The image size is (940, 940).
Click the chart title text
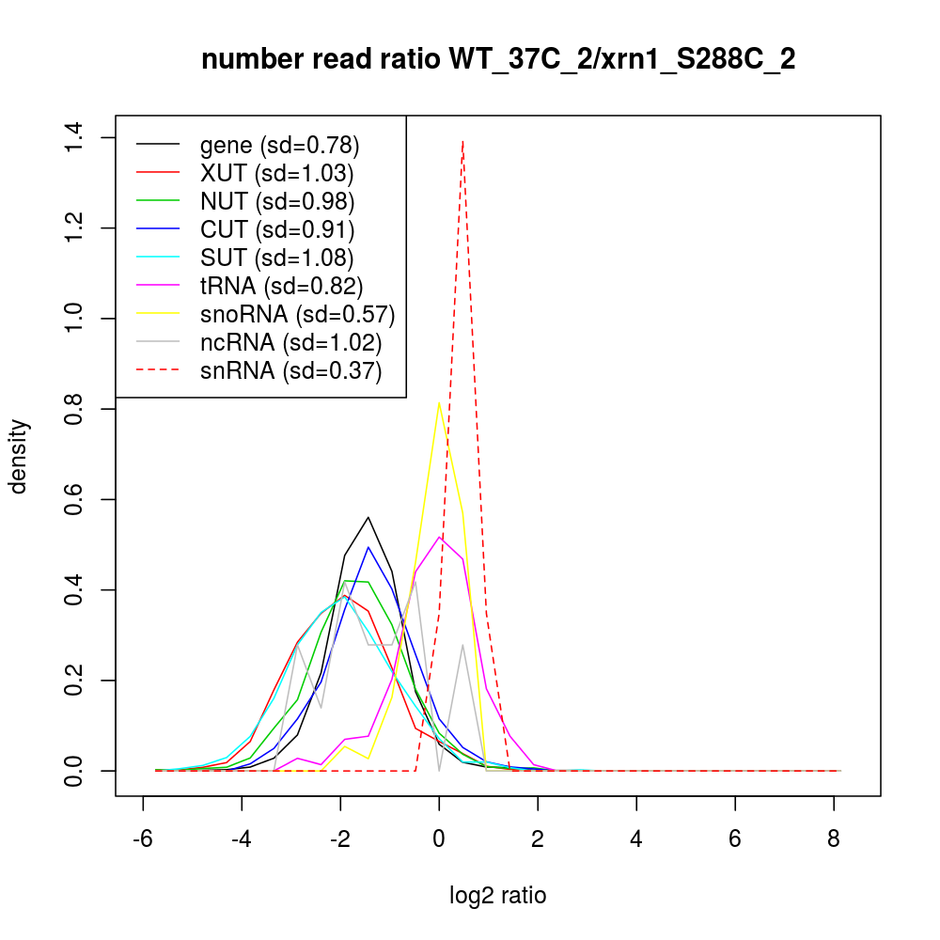pos(498,59)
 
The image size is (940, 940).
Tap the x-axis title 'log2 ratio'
pos(498,895)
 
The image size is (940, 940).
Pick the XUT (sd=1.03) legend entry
pos(276,173)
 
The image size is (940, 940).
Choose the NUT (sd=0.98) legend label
pos(276,201)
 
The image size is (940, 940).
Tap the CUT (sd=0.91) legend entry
pos(276,229)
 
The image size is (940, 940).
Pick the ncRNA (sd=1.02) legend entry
pos(290,342)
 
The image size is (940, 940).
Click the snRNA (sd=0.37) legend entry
pos(290,370)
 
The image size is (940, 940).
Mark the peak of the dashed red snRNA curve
pos(462,140)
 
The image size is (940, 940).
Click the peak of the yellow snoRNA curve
pos(438,402)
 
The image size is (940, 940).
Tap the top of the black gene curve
pos(368,517)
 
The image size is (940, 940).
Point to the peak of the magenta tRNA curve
pos(438,537)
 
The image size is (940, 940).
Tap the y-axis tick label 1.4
pos(73,138)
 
